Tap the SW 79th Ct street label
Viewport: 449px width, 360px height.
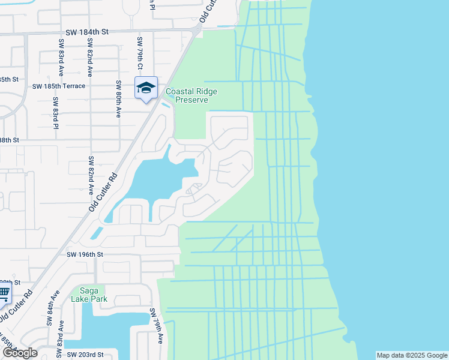139,53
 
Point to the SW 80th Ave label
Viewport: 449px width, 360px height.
118,98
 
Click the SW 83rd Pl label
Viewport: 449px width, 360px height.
55,113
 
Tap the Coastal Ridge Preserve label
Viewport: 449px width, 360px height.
191,95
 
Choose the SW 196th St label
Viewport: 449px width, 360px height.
85,254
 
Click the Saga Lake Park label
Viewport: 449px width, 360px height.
88,294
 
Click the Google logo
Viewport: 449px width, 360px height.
19,353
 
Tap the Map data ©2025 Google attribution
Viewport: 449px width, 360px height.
412,355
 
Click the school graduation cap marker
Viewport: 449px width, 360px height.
146,88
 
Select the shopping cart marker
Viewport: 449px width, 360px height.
4,293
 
